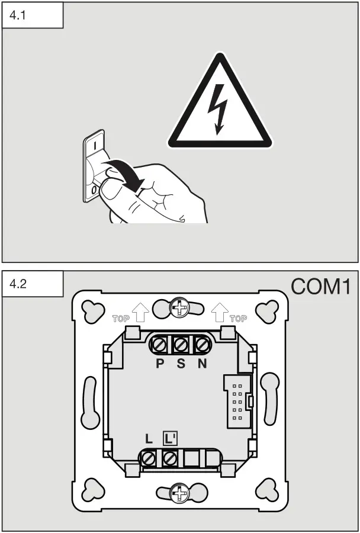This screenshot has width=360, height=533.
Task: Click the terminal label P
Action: point(159,362)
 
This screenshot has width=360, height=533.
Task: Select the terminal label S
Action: point(181,362)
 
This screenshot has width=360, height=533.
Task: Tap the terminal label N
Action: point(202,362)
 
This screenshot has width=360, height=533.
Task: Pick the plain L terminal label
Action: point(149,439)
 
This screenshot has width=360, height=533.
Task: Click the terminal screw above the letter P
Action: point(160,343)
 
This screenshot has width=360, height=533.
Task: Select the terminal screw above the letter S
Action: point(181,343)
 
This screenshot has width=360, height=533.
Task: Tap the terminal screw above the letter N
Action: point(202,343)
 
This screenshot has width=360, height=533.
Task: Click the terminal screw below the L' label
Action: point(171,457)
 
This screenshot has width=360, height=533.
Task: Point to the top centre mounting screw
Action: point(178,308)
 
